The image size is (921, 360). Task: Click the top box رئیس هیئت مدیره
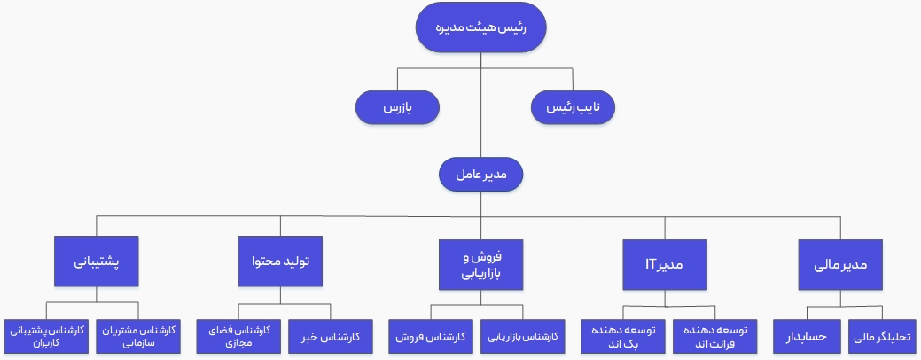click(x=481, y=27)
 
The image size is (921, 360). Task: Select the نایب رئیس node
click(x=573, y=107)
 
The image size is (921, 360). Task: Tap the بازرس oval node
click(x=398, y=107)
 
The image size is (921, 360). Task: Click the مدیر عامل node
click(x=481, y=174)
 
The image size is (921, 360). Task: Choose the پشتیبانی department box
click(x=97, y=262)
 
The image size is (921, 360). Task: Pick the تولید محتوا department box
click(x=280, y=262)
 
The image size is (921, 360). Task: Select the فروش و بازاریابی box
click(x=481, y=264)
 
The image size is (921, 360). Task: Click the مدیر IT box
click(x=665, y=264)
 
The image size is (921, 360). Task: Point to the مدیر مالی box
click(x=840, y=264)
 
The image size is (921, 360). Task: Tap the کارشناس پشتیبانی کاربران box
click(x=46, y=337)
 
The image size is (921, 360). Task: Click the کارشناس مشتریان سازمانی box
click(x=138, y=337)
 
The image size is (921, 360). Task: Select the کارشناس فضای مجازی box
click(x=238, y=337)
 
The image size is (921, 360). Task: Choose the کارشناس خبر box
click(x=331, y=337)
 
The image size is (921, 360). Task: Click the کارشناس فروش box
click(x=431, y=337)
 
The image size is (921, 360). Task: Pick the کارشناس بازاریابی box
click(x=523, y=337)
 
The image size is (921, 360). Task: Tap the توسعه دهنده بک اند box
click(x=623, y=337)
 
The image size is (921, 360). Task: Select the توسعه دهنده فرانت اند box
click(x=715, y=337)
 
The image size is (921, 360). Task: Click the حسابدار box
click(x=807, y=337)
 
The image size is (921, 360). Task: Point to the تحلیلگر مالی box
click(x=883, y=337)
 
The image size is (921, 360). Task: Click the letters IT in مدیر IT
click(x=651, y=264)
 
